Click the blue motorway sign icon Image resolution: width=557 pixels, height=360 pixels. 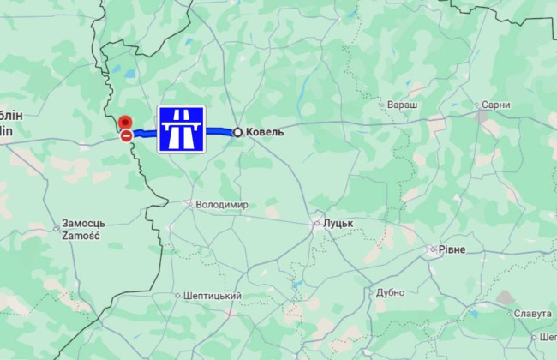pyautogui.click(x=181, y=129)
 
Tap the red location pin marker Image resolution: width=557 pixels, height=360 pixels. pyautogui.click(x=125, y=123)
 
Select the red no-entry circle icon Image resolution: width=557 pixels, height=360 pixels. pyautogui.click(x=126, y=135)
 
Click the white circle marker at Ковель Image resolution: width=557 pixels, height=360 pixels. pyautogui.click(x=237, y=132)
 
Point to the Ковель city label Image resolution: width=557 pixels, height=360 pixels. pyautogui.click(x=265, y=132)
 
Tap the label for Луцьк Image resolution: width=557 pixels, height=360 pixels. pyautogui.click(x=338, y=223)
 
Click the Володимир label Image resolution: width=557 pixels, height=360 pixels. pyautogui.click(x=222, y=205)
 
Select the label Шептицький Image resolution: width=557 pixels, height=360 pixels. pyautogui.click(x=213, y=296)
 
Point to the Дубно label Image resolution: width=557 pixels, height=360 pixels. pyautogui.click(x=390, y=292)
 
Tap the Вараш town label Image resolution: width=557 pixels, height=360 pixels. pyautogui.click(x=402, y=105)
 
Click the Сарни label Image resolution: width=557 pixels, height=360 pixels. pyautogui.click(x=496, y=105)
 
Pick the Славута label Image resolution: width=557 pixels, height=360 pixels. pyautogui.click(x=533, y=313)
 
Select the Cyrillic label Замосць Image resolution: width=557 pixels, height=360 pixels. pyautogui.click(x=83, y=224)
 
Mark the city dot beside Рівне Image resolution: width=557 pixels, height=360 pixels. pyautogui.click(x=432, y=250)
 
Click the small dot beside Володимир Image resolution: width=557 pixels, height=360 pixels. pyautogui.click(x=189, y=205)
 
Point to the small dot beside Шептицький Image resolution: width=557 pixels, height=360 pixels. pyautogui.click(x=177, y=296)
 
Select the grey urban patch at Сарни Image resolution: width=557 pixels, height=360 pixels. pyautogui.click(x=483, y=114)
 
